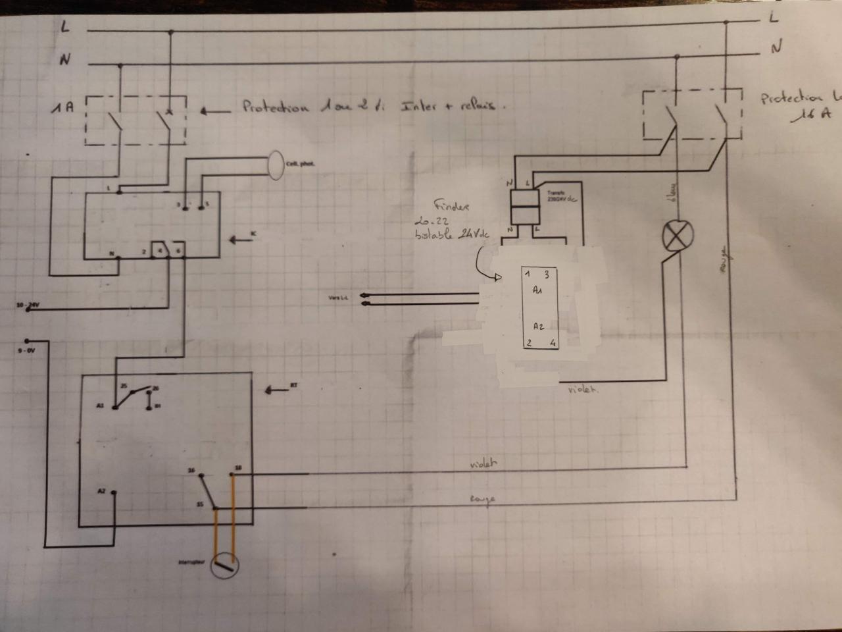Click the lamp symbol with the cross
(x=677, y=236)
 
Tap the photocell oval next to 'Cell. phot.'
(x=275, y=165)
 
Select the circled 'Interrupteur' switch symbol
(x=224, y=564)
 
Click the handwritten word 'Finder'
(x=451, y=205)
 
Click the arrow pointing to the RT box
(x=278, y=390)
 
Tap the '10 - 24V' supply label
(x=28, y=305)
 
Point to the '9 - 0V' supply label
(x=26, y=351)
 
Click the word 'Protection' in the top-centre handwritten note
(x=275, y=106)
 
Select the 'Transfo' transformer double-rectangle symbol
(x=526, y=208)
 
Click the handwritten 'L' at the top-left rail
(x=64, y=27)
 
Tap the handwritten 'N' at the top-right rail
(x=776, y=47)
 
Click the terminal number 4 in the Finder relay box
(x=553, y=342)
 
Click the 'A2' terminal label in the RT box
(x=101, y=491)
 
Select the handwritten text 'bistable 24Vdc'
(x=453, y=234)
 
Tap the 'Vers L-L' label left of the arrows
(x=337, y=298)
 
